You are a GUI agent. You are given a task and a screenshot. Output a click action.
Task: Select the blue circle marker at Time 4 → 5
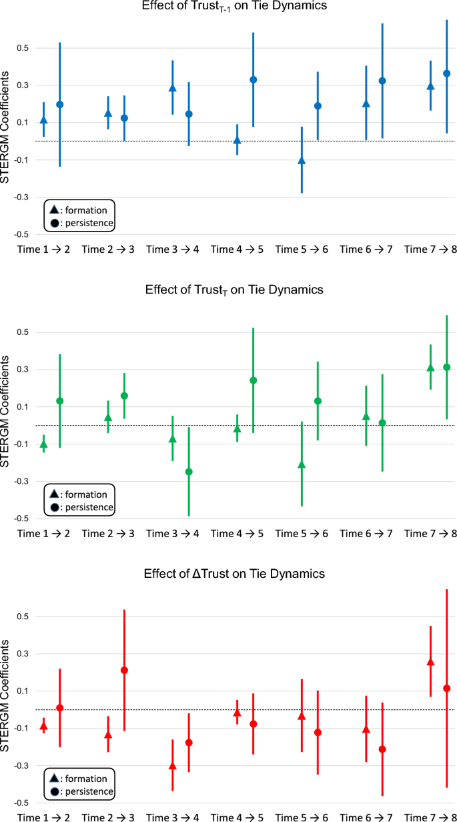254,79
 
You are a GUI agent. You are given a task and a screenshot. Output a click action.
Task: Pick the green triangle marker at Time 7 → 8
430,368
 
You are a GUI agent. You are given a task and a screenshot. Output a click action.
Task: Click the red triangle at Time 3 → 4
173,766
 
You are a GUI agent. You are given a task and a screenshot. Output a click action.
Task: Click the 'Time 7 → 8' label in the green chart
431,534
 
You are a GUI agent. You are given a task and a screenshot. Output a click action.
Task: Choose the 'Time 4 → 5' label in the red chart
238,817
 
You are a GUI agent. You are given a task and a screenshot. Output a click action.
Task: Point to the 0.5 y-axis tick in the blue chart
24,48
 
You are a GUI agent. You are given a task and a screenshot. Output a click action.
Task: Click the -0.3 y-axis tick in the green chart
23,481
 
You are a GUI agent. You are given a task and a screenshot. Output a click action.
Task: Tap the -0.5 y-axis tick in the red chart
23,803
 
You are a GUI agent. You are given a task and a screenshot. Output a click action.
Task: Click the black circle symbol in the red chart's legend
54,791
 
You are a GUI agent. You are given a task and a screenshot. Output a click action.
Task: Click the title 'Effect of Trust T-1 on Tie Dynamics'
229,7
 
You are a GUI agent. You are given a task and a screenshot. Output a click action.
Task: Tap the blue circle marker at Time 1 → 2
59,105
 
